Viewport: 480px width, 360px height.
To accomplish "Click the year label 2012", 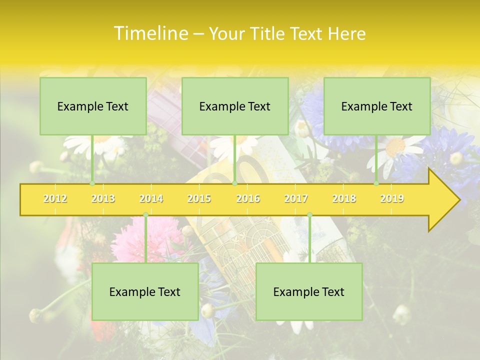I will [x=55, y=198].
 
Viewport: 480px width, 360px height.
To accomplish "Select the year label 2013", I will [x=103, y=198].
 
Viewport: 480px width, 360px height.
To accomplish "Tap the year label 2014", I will [x=151, y=198].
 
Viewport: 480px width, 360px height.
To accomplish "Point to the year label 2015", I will [x=199, y=198].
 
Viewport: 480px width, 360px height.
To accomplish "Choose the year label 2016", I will [x=248, y=198].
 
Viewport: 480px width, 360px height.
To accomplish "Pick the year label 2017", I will [x=296, y=198].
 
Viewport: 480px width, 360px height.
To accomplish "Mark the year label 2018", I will [x=344, y=198].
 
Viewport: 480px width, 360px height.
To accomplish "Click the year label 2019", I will [x=392, y=198].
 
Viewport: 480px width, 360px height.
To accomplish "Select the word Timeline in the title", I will [x=150, y=33].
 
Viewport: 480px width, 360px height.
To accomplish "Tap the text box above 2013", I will [x=93, y=106].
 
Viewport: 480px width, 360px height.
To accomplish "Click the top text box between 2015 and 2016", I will [x=235, y=106].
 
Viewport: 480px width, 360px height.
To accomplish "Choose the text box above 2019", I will [x=377, y=106].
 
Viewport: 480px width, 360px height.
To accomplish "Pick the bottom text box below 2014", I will [x=145, y=291].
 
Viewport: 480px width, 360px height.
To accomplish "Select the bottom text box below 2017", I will [x=309, y=291].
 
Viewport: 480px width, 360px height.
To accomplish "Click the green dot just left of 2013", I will [x=92, y=183].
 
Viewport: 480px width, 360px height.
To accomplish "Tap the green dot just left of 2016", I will [x=234, y=183].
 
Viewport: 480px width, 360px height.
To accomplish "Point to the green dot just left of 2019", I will [x=376, y=183].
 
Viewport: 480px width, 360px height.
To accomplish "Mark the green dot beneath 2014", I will [x=145, y=215].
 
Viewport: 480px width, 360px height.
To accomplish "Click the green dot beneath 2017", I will [x=309, y=215].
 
